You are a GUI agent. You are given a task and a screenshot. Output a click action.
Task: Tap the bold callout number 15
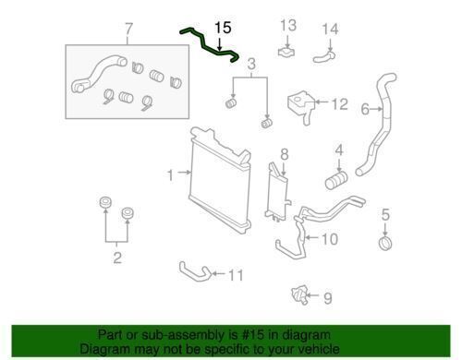[x=223, y=28]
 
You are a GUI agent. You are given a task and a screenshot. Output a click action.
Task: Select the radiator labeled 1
[x=220, y=180]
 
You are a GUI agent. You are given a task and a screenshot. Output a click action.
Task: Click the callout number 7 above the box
[x=128, y=30]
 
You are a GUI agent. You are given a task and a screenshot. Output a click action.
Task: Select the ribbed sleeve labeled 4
[x=336, y=181]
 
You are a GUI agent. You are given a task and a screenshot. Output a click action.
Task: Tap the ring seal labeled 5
[x=385, y=243]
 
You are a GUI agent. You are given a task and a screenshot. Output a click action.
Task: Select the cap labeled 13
[x=286, y=52]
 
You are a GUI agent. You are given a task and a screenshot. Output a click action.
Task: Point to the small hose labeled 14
[x=323, y=57]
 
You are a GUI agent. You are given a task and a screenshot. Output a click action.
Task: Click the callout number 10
[x=330, y=239]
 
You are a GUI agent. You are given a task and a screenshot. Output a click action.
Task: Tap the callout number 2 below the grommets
[x=117, y=258]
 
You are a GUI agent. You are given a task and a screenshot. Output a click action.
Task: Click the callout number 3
[x=251, y=64]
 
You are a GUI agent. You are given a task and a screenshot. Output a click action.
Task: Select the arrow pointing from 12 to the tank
[x=322, y=102]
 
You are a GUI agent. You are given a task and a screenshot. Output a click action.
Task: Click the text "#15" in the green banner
[x=253, y=334]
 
